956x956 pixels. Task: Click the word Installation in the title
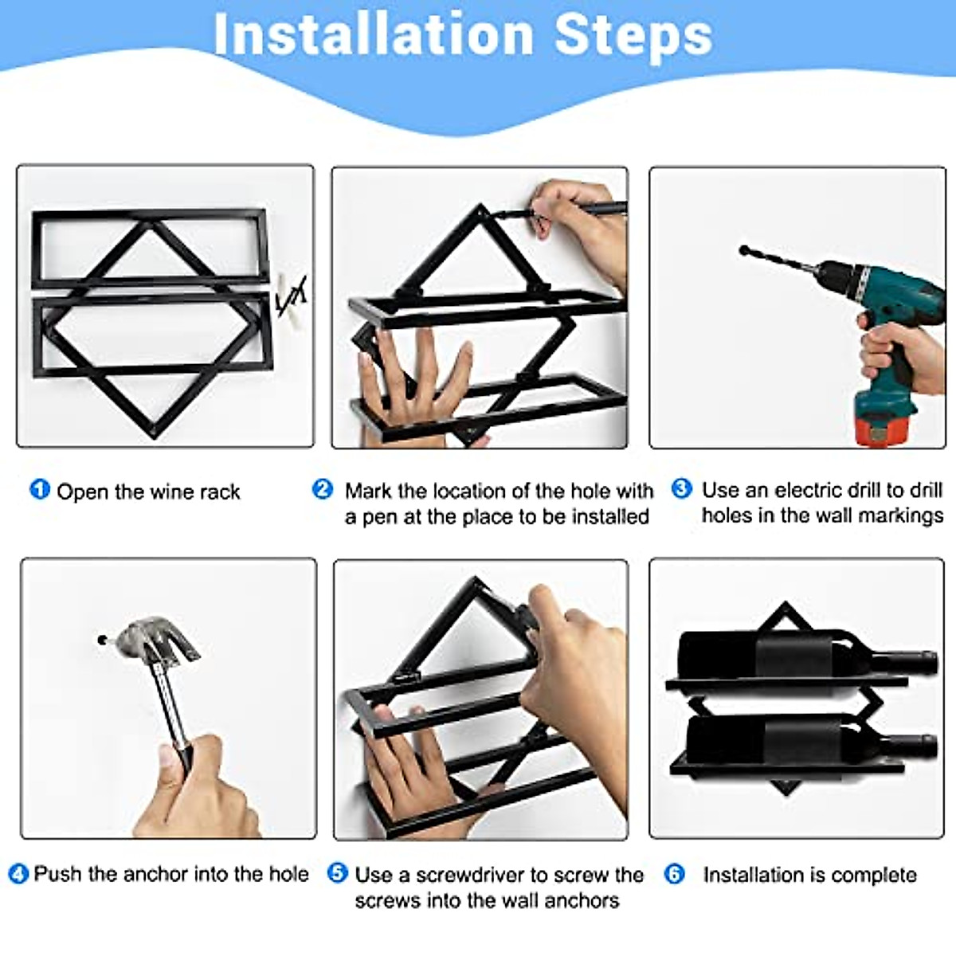[x=373, y=36]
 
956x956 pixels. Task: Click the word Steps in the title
[x=633, y=36]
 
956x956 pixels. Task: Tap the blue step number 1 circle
[x=40, y=489]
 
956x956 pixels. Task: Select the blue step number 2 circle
[x=323, y=488]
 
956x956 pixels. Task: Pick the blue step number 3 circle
[x=682, y=488]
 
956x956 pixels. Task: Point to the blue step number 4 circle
[x=19, y=874]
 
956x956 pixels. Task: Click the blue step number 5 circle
[x=338, y=873]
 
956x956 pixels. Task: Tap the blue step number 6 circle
[x=675, y=874]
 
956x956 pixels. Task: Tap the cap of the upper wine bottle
[x=926, y=660]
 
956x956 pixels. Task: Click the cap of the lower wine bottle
[x=926, y=745]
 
